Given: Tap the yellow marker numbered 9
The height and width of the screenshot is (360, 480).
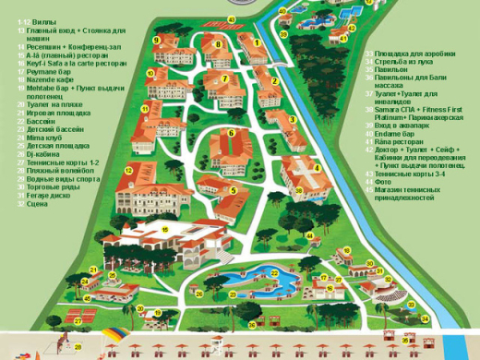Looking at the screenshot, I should (157, 40).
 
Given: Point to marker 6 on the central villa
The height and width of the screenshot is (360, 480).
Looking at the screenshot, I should (232, 133).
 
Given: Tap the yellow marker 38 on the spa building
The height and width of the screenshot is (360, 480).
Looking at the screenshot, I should (299, 190).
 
